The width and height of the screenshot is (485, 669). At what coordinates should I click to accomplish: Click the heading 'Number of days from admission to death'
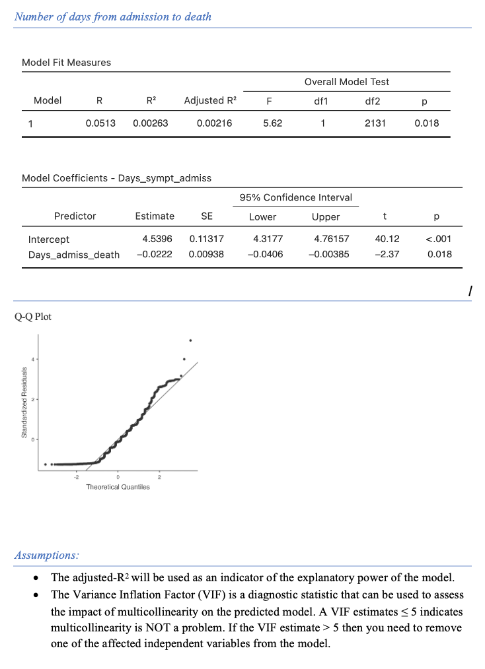[113, 16]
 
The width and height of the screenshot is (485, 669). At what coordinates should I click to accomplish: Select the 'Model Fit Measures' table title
[66, 63]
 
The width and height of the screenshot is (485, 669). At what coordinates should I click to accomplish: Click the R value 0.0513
[100, 123]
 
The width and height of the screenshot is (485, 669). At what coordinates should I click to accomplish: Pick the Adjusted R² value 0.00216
[214, 123]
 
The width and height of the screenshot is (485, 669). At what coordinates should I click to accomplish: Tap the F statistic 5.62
[272, 123]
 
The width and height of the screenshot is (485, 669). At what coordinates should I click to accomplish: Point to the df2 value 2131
[374, 123]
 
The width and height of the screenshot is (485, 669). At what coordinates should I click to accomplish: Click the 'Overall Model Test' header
[346, 82]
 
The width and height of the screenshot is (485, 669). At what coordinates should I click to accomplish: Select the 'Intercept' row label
[46, 239]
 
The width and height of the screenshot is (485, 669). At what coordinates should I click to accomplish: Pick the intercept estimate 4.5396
[159, 239]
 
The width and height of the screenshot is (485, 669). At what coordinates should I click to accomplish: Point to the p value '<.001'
[439, 239]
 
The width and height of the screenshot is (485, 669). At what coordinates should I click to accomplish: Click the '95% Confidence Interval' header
[295, 197]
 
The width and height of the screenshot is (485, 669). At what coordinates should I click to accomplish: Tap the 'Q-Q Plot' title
[33, 317]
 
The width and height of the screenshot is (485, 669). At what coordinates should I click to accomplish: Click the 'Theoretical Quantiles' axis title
[118, 487]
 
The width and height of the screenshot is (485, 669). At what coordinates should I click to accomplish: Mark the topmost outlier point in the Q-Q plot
[190, 340]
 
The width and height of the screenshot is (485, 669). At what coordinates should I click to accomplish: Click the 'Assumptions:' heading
[46, 556]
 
